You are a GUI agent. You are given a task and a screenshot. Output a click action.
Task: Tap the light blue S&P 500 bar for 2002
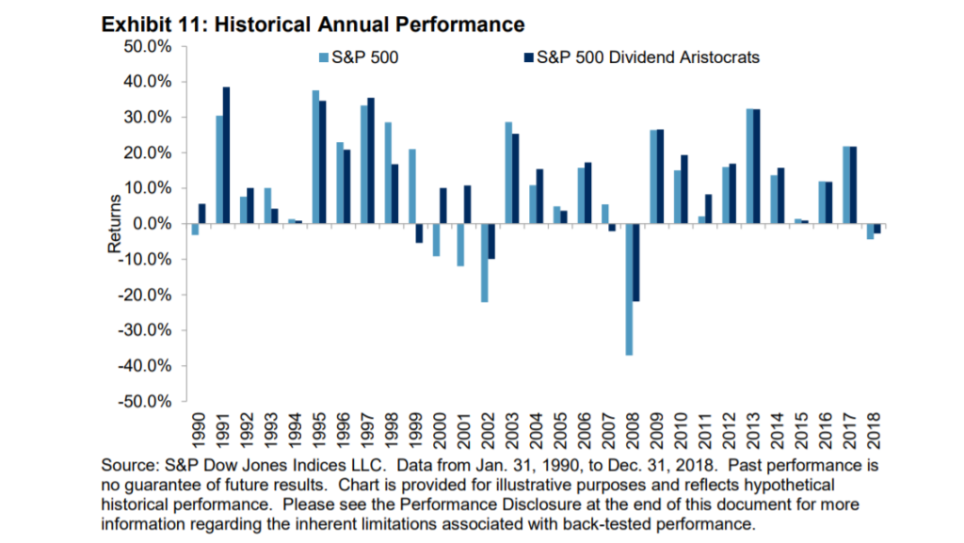pos(484,263)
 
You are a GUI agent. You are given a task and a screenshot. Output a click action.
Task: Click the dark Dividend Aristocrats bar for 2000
pos(442,206)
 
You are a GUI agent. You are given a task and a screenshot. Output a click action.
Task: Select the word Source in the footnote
pos(128,466)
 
